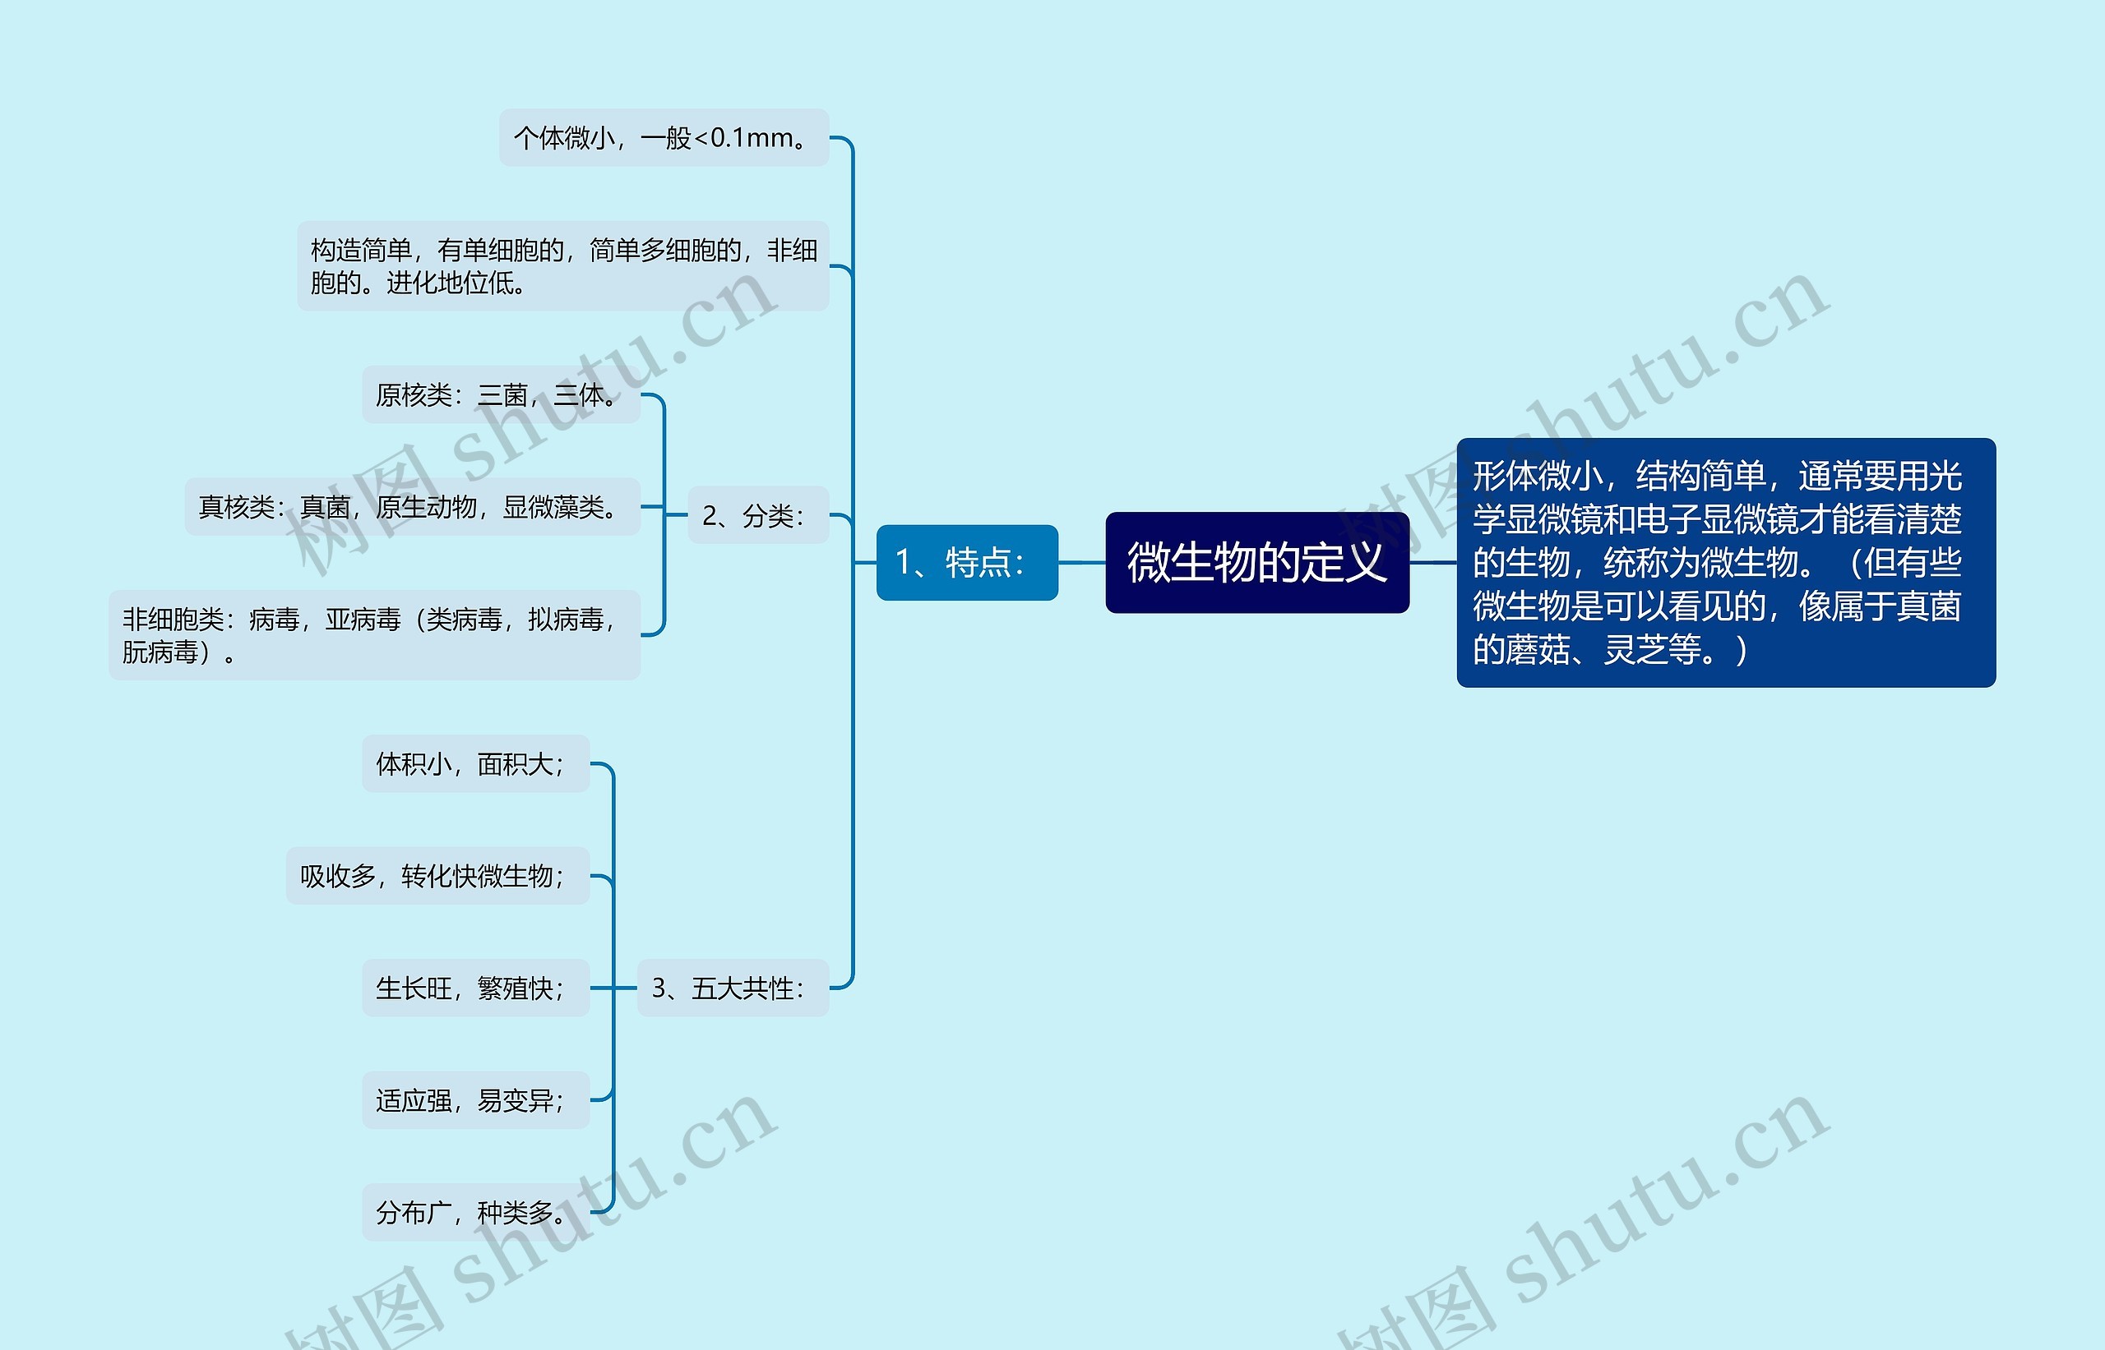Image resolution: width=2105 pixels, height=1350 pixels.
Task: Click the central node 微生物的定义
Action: pyautogui.click(x=1257, y=562)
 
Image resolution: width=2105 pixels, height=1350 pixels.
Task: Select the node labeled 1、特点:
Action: pyautogui.click(x=966, y=562)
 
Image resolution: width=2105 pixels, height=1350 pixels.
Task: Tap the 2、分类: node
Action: pyautogui.click(x=758, y=514)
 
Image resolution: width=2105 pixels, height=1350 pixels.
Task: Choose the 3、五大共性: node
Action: pyautogui.click(x=733, y=988)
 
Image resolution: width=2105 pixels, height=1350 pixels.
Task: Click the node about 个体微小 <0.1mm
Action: pyautogui.click(x=664, y=138)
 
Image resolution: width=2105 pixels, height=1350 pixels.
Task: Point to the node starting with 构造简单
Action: pyautogui.click(x=563, y=265)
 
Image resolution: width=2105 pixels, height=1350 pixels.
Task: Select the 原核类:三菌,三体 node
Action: pyautogui.click(x=501, y=394)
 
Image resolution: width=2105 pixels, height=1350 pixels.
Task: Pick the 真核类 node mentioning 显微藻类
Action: pyautogui.click(x=412, y=507)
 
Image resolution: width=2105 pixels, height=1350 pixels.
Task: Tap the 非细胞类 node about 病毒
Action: pyautogui.click(x=374, y=634)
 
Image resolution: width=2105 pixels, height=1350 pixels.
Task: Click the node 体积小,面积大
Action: pyautogui.click(x=475, y=763)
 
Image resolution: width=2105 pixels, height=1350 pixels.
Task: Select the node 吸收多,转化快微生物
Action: pyautogui.click(x=437, y=876)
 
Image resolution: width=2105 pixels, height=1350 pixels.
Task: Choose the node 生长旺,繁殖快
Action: pyautogui.click(x=475, y=988)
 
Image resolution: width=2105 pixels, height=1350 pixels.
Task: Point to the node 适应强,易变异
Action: pyautogui.click(x=475, y=1100)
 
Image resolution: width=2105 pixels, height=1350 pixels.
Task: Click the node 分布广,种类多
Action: pyautogui.click(x=475, y=1212)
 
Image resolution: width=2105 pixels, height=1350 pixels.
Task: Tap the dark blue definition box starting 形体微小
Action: pyautogui.click(x=1725, y=562)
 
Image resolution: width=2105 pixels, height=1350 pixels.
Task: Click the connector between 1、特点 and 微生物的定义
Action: pyautogui.click(x=1081, y=562)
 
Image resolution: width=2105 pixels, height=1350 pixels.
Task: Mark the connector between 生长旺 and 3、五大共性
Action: pyautogui.click(x=613, y=988)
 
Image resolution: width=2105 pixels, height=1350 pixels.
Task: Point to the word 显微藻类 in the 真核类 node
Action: pyautogui.click(x=560, y=507)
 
